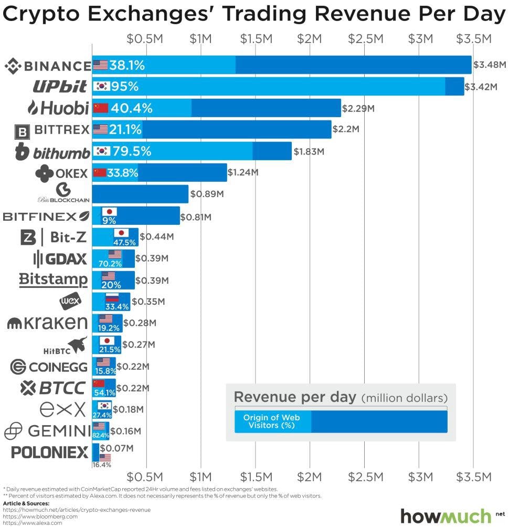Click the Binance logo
click(x=47, y=66)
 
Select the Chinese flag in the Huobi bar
click(x=100, y=108)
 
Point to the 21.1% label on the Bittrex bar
click(x=126, y=130)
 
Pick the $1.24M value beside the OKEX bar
click(x=243, y=172)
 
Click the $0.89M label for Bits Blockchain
click(x=207, y=194)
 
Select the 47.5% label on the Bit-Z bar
click(x=124, y=242)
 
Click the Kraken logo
click(x=47, y=322)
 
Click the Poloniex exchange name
click(x=49, y=452)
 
